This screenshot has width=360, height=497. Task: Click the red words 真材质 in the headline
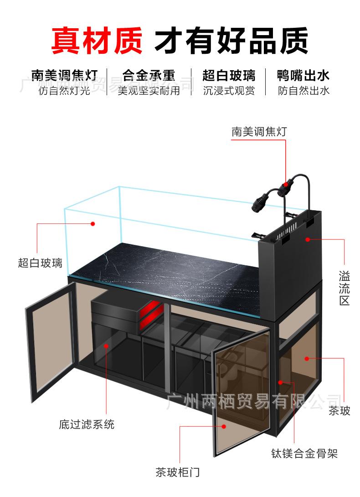coord(96,40)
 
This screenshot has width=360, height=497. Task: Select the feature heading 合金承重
coord(149,75)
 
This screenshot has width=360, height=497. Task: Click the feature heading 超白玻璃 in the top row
coord(229,75)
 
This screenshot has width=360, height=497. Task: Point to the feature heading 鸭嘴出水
coord(303,75)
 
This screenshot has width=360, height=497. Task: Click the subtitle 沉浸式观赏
coord(229,91)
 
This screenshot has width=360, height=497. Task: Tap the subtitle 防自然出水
coord(303,91)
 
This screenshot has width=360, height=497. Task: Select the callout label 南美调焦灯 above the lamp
coord(259,132)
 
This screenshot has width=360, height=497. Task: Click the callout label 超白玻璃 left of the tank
coord(40,263)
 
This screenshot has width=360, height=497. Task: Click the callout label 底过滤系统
coord(87,425)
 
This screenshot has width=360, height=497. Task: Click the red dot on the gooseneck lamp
coord(287,185)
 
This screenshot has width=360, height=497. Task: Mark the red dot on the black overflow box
coord(308,238)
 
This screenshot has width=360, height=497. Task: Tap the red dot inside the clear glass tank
coord(93,224)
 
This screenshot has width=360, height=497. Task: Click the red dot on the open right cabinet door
coord(224,427)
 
